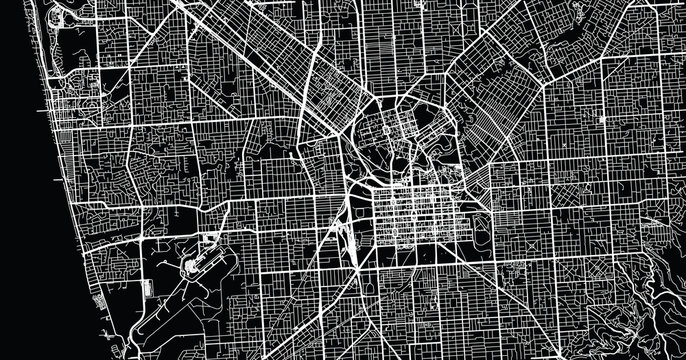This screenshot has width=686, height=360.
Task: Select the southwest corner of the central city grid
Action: tap(375, 243)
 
